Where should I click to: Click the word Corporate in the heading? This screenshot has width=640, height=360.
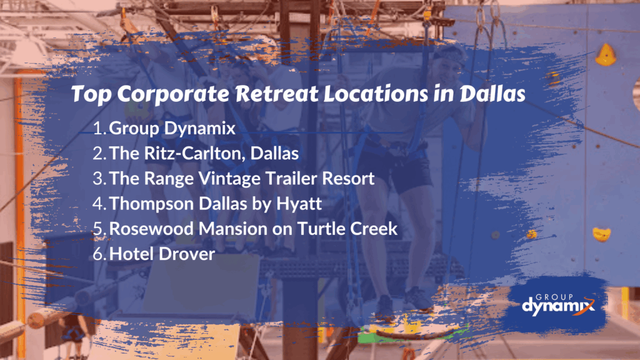pyautogui.click(x=174, y=94)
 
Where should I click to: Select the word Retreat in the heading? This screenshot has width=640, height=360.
pyautogui.click(x=277, y=94)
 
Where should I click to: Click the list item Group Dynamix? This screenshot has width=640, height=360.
pyautogui.click(x=172, y=129)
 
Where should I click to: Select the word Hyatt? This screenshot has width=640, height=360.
pyautogui.click(x=299, y=204)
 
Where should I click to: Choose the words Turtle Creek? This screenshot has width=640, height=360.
pyautogui.click(x=347, y=229)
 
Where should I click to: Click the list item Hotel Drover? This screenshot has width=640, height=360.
pyautogui.click(x=162, y=254)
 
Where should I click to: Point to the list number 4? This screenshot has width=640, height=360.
pyautogui.click(x=99, y=204)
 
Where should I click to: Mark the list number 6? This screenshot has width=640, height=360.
pyautogui.click(x=99, y=254)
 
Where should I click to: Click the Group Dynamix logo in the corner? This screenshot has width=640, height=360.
pyautogui.click(x=558, y=305)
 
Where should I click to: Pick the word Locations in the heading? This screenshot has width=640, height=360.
pyautogui.click(x=376, y=94)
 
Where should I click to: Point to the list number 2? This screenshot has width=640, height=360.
pyautogui.click(x=99, y=154)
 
